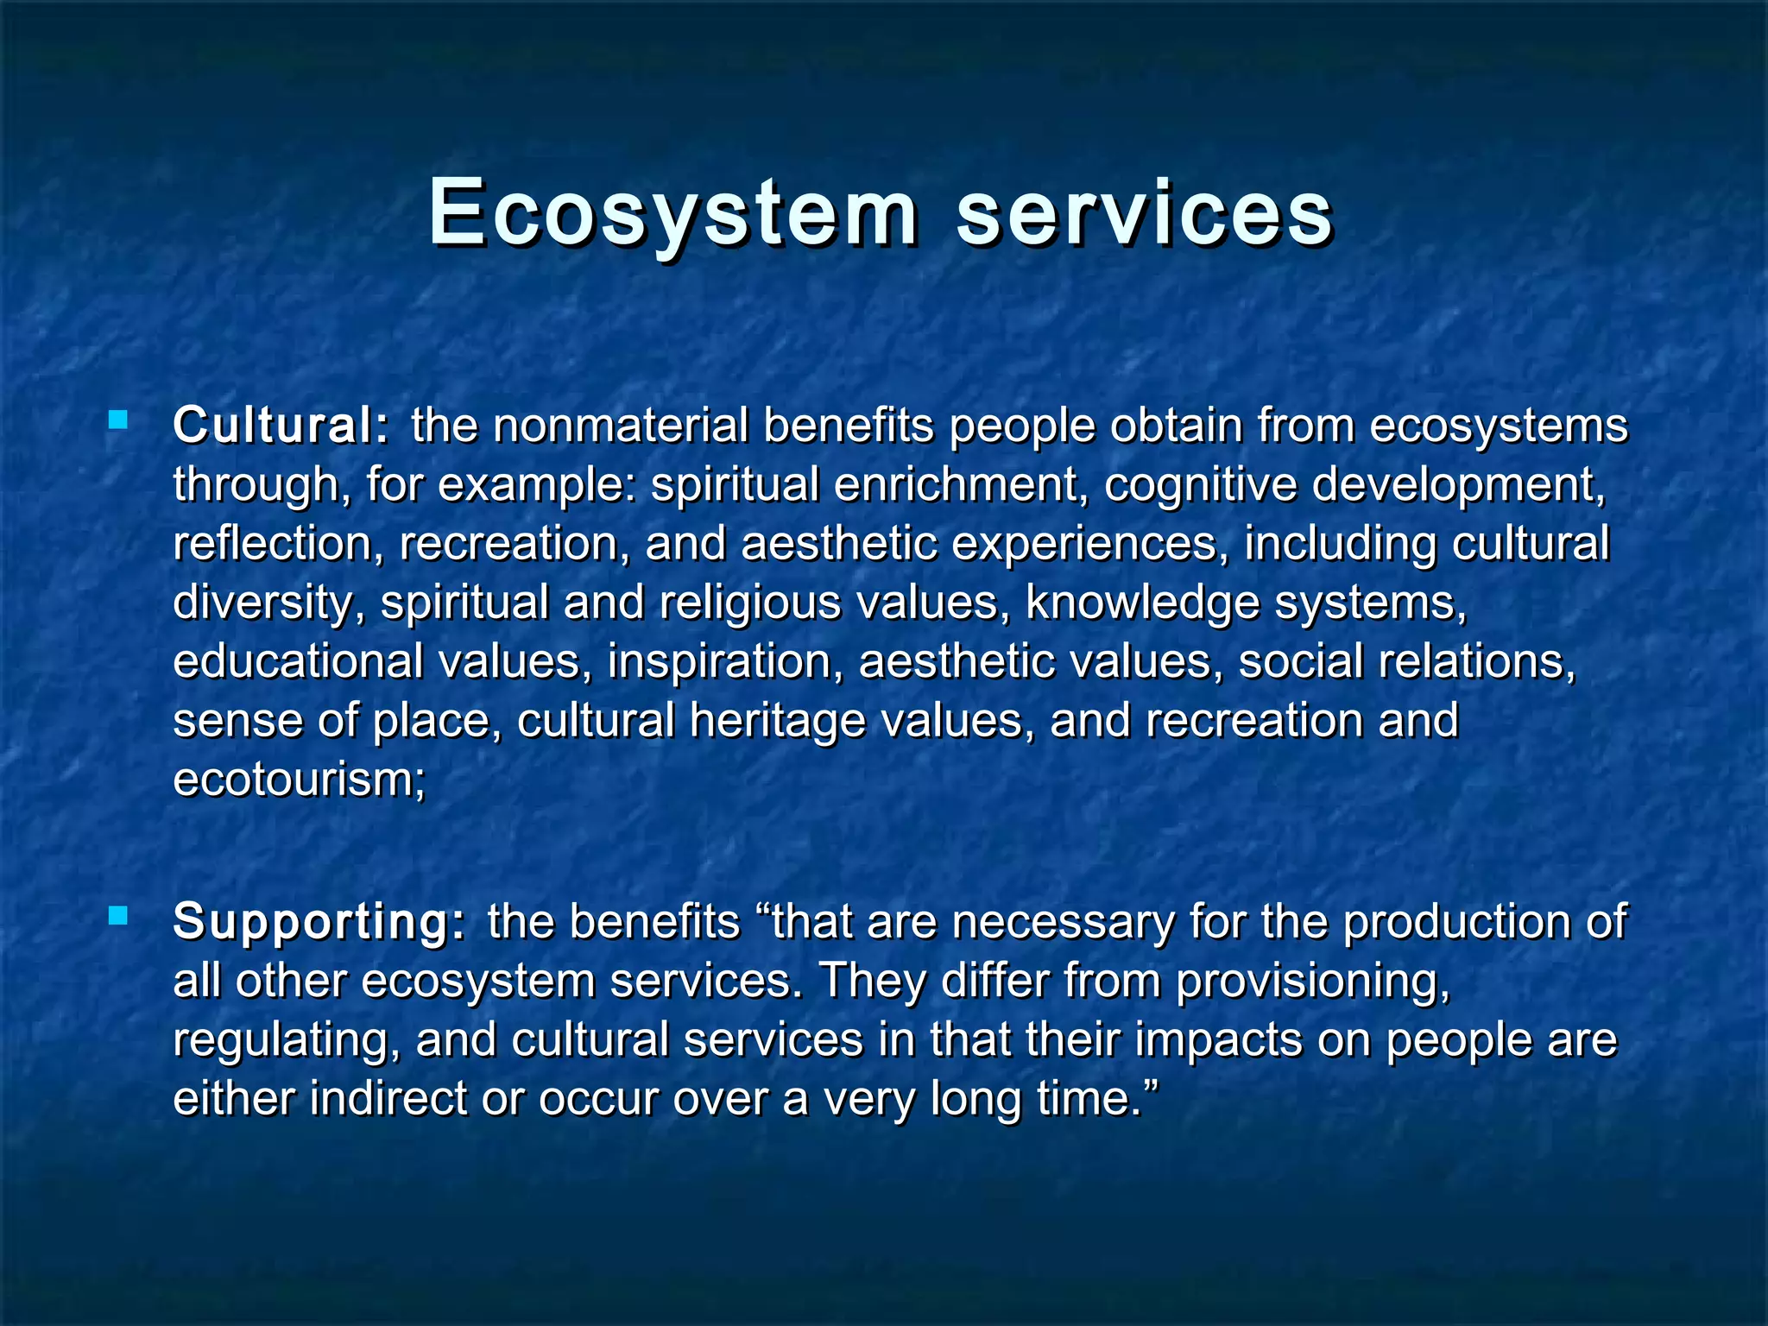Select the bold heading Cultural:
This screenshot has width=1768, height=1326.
pos(281,425)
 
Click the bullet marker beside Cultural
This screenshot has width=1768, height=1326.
pos(118,421)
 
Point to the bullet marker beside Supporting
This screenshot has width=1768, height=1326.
pos(118,916)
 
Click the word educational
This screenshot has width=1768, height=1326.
pos(298,661)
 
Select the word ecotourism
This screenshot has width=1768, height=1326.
pos(299,779)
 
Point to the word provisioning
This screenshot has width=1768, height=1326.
pos(1312,981)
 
